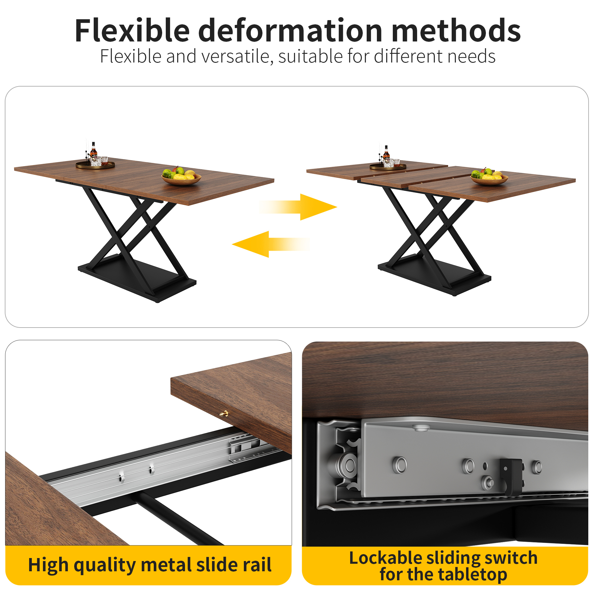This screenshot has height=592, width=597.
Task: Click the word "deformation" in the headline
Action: (290, 31)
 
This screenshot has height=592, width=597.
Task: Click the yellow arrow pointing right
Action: (298, 207)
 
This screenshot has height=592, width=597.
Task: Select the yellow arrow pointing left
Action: (271, 245)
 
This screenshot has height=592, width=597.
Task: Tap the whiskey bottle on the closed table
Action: (94, 150)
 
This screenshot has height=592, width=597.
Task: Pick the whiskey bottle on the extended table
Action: (386, 153)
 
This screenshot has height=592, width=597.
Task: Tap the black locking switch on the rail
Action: (511, 476)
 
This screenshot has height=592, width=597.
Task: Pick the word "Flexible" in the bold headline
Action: (132, 31)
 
